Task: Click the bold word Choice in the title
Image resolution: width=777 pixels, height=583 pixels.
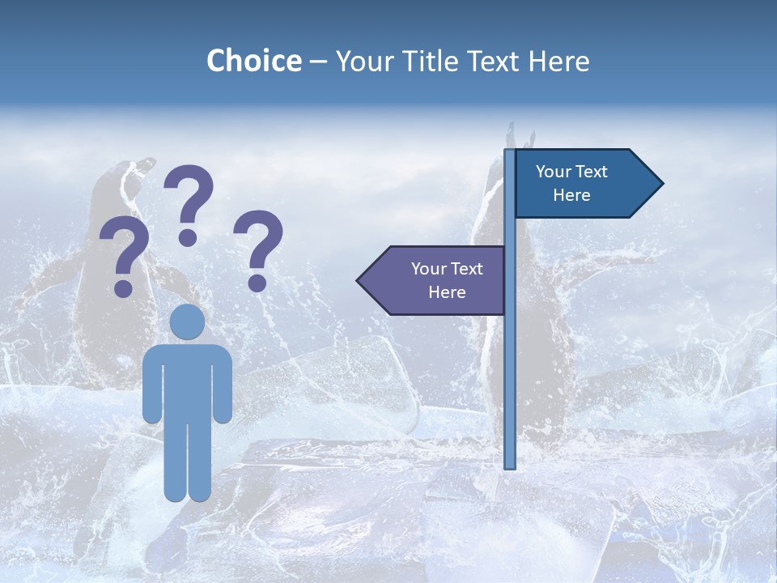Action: pyautogui.click(x=253, y=61)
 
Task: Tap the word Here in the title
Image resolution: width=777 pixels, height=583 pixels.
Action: pyautogui.click(x=558, y=61)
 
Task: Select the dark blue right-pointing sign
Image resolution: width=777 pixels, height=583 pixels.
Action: pyautogui.click(x=583, y=183)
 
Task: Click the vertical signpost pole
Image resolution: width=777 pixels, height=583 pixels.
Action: pyautogui.click(x=510, y=364)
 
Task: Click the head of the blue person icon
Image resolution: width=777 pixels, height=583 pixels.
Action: pyautogui.click(x=187, y=322)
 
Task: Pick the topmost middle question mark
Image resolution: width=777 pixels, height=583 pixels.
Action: pyautogui.click(x=189, y=202)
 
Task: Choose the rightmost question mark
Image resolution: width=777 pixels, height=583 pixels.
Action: pyautogui.click(x=258, y=247)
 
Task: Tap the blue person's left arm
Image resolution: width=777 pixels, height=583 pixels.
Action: pyautogui.click(x=152, y=385)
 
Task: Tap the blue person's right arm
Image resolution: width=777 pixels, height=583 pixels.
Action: pyautogui.click(x=223, y=385)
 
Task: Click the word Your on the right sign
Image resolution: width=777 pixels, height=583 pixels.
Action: pyautogui.click(x=554, y=172)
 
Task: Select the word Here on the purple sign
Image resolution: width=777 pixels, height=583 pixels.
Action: pyautogui.click(x=447, y=292)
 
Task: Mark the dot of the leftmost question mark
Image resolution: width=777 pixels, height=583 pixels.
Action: pyautogui.click(x=124, y=288)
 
